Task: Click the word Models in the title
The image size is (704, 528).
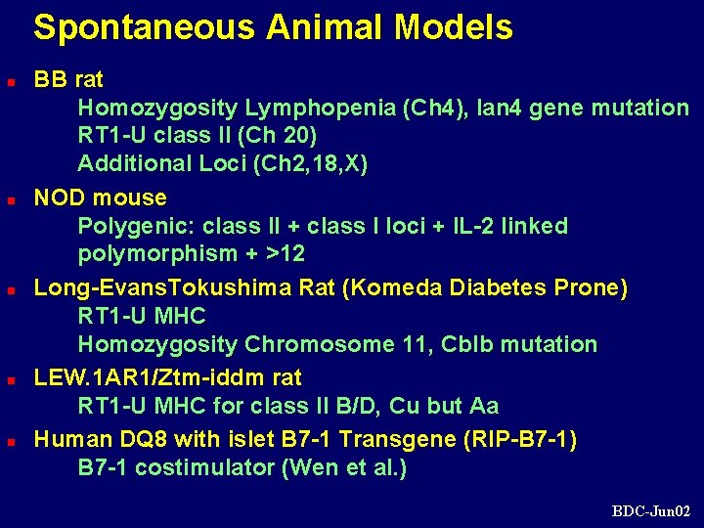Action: [454, 28]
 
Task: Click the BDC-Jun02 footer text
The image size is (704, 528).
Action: [651, 510]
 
